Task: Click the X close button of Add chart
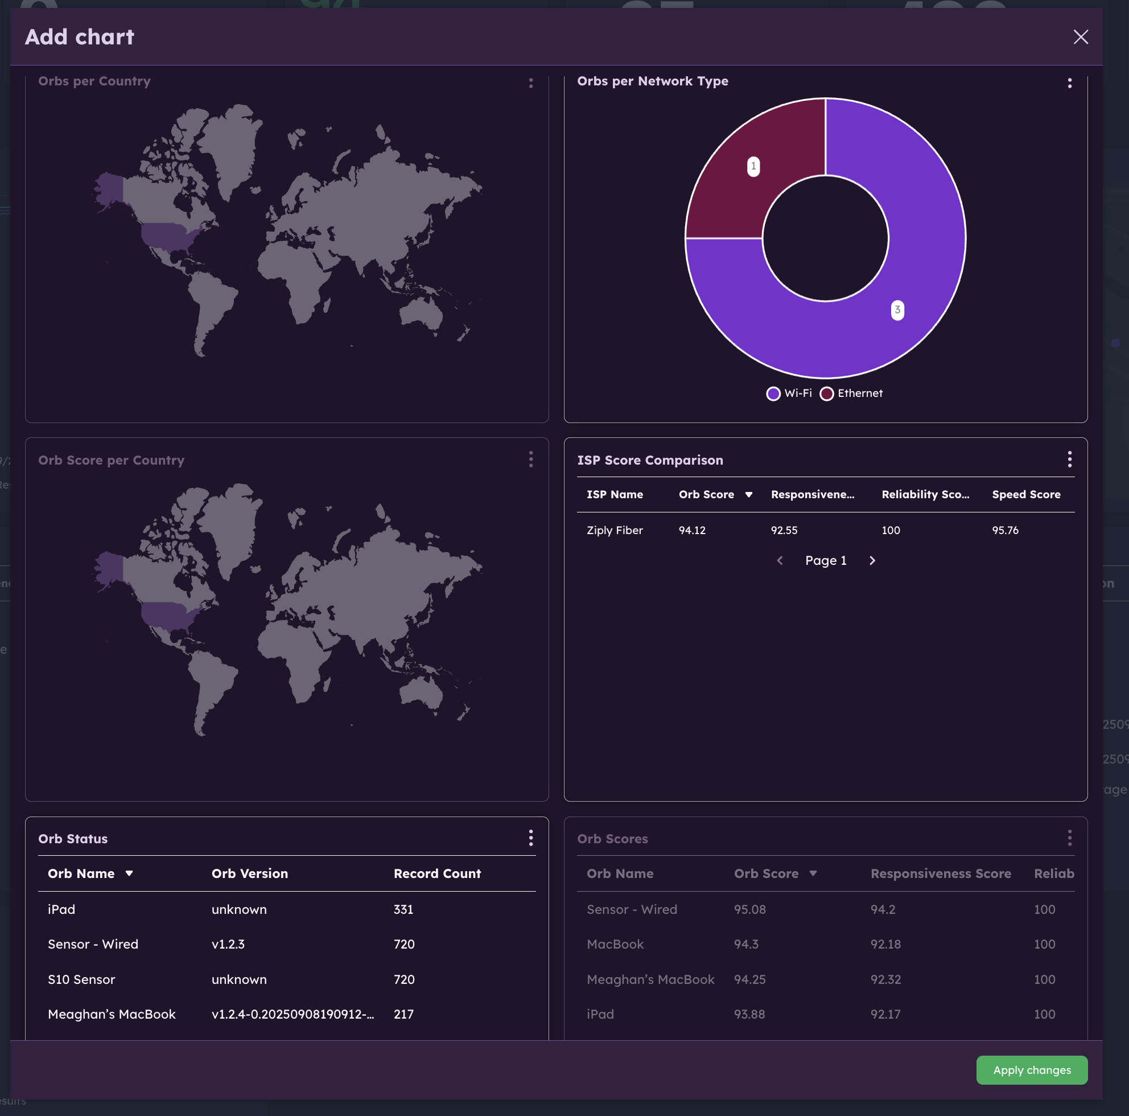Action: (1080, 37)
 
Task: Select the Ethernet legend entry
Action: (851, 393)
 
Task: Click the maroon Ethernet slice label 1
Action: (753, 167)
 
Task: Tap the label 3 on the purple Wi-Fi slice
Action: (897, 310)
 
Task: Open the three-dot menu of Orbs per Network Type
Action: (1069, 83)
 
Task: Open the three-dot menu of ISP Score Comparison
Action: (1069, 459)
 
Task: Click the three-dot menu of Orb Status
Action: (530, 838)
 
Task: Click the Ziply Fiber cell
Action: (614, 530)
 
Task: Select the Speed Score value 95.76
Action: (1004, 530)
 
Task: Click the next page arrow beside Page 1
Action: (872, 561)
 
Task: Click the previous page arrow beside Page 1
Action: (780, 561)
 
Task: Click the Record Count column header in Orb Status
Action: (436, 873)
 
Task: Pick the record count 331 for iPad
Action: (403, 909)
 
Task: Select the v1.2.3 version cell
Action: (228, 944)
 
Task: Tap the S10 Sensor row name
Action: (81, 979)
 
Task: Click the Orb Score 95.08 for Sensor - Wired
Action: (749, 909)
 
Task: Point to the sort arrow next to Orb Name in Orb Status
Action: (129, 873)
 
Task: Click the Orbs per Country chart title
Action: (94, 81)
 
